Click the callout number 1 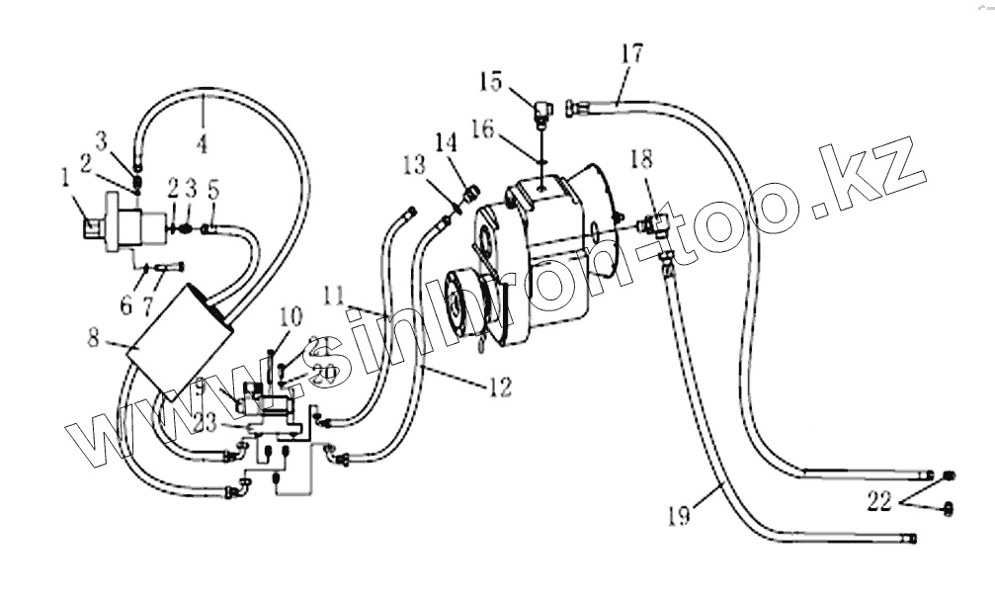pyautogui.click(x=65, y=177)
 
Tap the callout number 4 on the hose pyautogui.click(x=202, y=143)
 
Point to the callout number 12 pyautogui.click(x=500, y=386)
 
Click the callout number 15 pyautogui.click(x=492, y=81)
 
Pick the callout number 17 pyautogui.click(x=632, y=52)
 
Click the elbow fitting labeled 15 pyautogui.click(x=541, y=111)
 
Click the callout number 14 pyautogui.click(x=446, y=142)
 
